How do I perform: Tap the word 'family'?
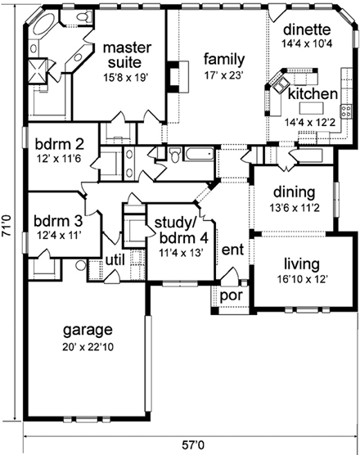pyautogui.click(x=224, y=59)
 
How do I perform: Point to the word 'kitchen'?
pyautogui.click(x=312, y=95)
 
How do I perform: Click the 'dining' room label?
pyautogui.click(x=295, y=192)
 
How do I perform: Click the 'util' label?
pyautogui.click(x=113, y=260)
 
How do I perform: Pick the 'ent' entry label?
pyautogui.click(x=233, y=249)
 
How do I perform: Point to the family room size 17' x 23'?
pyautogui.click(x=224, y=74)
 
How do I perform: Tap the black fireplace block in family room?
pyautogui.click(x=173, y=75)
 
